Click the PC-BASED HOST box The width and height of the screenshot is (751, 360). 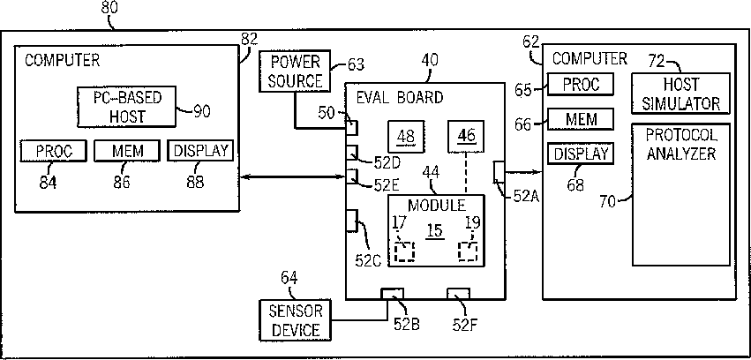click(x=126, y=107)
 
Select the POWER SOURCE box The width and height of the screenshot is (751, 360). click(x=295, y=71)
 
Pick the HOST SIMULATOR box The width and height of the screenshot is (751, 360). click(x=680, y=94)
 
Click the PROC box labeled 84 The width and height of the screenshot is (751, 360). click(x=54, y=151)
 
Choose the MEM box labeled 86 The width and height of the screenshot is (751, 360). click(x=127, y=151)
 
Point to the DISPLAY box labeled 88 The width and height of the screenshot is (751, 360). click(x=200, y=151)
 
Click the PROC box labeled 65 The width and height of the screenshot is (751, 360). click(x=581, y=85)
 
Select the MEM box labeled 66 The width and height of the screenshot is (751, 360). click(x=581, y=119)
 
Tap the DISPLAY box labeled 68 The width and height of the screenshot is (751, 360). click(x=581, y=154)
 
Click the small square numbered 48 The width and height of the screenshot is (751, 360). click(x=406, y=137)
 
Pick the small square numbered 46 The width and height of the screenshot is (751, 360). click(x=467, y=137)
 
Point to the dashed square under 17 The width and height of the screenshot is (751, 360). click(x=405, y=251)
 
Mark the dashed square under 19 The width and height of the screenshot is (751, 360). click(x=468, y=251)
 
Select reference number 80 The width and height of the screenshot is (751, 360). click(x=109, y=8)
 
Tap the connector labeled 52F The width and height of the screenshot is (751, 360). click(x=458, y=294)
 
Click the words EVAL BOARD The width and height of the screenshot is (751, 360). click(x=400, y=98)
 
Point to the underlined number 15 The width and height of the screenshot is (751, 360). click(x=434, y=232)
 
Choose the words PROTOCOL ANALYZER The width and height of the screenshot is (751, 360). click(x=681, y=144)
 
